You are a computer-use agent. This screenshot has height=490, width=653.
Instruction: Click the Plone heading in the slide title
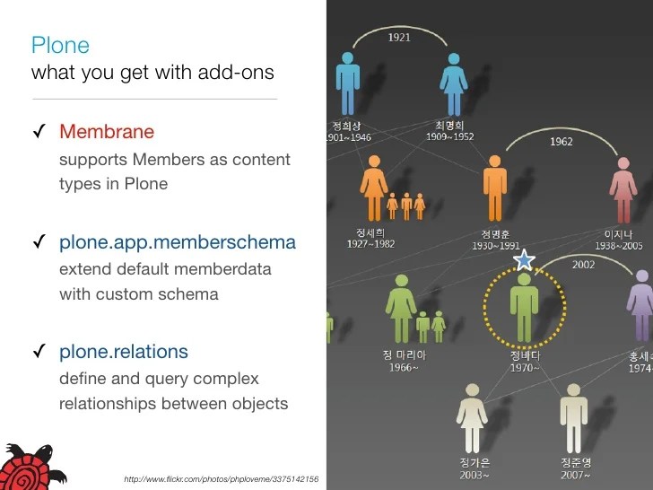click(60, 45)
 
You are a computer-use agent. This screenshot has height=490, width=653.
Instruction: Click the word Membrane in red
click(107, 132)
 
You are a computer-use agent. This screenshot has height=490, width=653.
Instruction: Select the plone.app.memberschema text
click(177, 242)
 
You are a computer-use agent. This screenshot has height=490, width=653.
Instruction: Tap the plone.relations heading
click(124, 352)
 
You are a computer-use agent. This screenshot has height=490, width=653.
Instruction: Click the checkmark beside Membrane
click(39, 133)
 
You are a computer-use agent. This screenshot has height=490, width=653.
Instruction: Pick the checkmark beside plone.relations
click(39, 353)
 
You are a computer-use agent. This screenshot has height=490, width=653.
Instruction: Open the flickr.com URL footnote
click(221, 480)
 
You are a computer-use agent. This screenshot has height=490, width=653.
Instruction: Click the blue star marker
click(524, 260)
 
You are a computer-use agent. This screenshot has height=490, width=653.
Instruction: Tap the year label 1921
click(399, 38)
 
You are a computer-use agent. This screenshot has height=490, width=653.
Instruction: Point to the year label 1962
click(562, 142)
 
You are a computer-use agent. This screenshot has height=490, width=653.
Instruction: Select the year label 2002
click(583, 265)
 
